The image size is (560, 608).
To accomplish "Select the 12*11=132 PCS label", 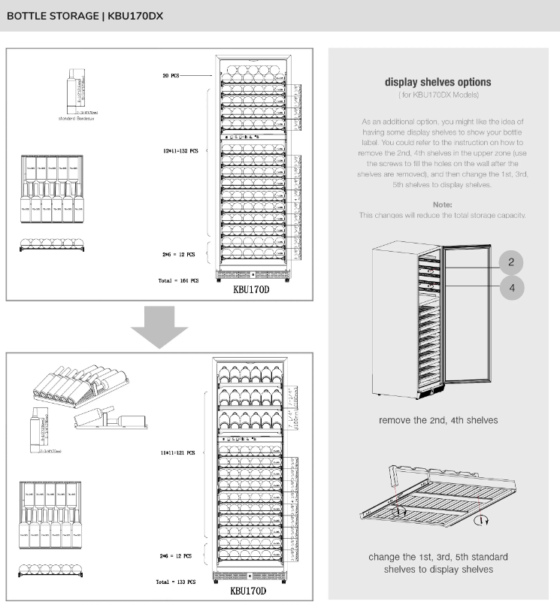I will [180, 150].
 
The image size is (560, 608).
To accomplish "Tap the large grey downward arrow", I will [159, 328].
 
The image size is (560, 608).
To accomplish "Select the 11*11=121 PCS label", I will [177, 453].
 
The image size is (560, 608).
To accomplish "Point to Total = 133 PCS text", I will [177, 582].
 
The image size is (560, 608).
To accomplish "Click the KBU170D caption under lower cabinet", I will [247, 591].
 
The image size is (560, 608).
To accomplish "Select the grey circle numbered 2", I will [511, 262].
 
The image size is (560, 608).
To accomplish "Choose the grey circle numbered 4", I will [511, 287].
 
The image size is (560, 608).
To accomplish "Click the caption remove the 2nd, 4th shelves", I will [437, 421].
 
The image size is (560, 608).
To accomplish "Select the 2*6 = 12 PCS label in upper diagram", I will [178, 255].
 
